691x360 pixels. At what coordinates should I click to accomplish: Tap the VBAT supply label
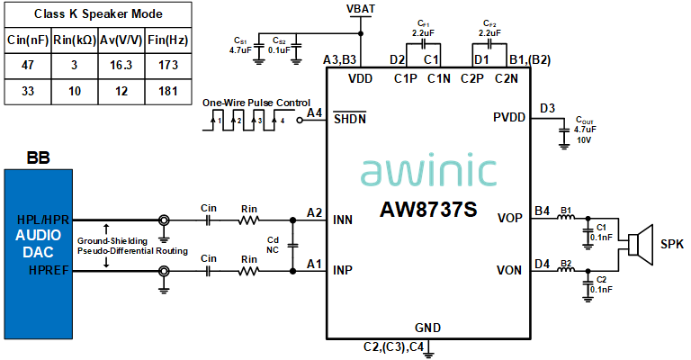(361, 8)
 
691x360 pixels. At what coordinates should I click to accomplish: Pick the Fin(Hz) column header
(168, 40)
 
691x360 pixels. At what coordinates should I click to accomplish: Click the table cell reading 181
(168, 92)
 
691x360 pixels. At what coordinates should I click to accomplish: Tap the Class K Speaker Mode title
(96, 13)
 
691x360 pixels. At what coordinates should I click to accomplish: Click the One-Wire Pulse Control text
(257, 102)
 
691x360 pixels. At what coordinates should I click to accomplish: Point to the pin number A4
(314, 112)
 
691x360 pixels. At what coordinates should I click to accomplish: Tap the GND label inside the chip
(428, 327)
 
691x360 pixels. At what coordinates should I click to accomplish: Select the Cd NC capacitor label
(274, 245)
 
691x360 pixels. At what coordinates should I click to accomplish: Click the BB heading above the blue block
(38, 158)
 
